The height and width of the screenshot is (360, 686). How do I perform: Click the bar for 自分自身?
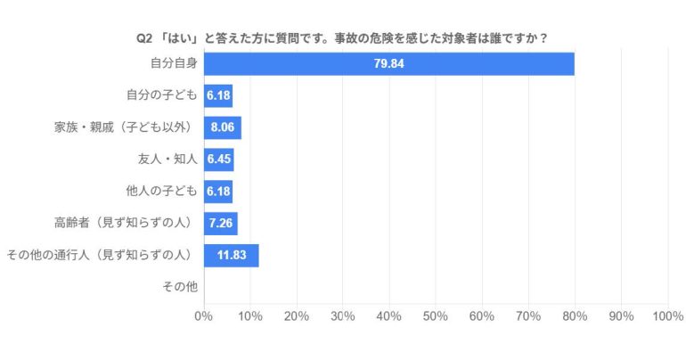coord(388,64)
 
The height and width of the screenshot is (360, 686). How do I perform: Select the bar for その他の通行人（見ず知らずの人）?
coord(231,256)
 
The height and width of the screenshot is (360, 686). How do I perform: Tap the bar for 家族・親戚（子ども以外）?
coord(222,128)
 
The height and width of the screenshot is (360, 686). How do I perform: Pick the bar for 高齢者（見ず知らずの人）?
coord(220,224)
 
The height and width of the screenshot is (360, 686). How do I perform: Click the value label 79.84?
coord(389,64)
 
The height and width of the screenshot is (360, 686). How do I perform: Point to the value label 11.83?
coord(233,256)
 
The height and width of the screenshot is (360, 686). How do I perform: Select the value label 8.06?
coord(222,128)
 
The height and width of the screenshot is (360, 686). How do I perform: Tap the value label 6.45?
coord(218,160)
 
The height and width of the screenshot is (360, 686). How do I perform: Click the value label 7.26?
coord(220,224)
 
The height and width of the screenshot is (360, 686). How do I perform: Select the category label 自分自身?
coord(171,63)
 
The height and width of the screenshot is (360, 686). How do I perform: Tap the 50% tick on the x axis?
coord(436,316)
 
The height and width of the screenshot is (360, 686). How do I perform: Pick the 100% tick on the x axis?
coord(666,316)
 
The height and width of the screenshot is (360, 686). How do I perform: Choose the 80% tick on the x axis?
coord(575,316)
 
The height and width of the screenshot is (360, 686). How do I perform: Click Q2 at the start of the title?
coord(143,38)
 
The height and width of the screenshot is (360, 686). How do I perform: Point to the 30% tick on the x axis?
coord(343,316)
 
